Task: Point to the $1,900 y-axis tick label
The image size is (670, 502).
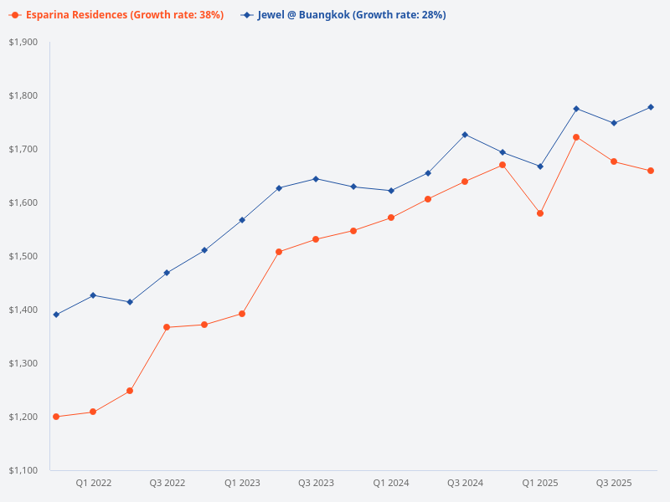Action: point(23,42)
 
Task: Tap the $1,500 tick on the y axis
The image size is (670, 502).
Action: point(23,256)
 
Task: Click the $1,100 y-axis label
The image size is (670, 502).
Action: point(23,470)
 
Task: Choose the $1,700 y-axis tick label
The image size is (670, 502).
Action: point(23,149)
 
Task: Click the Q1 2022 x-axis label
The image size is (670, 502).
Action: point(93,483)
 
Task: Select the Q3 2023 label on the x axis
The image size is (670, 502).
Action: point(316,483)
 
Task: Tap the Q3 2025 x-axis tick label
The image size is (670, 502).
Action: point(614,483)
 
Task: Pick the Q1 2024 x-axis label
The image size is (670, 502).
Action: point(390,483)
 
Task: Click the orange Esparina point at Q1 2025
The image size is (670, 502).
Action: point(540,213)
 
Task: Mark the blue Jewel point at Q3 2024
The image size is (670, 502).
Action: point(465,135)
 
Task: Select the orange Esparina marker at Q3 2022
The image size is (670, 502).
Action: point(167,327)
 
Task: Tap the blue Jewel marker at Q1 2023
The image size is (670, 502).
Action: point(242,220)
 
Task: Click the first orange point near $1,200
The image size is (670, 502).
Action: point(56,417)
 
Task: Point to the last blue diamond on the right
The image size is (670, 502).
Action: point(651,107)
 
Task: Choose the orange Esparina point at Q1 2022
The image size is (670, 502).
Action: point(93,412)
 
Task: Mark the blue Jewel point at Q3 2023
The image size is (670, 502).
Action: point(316,179)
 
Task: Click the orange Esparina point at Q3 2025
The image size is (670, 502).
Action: point(614,161)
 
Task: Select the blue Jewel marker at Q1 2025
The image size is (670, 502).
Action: point(540,166)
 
